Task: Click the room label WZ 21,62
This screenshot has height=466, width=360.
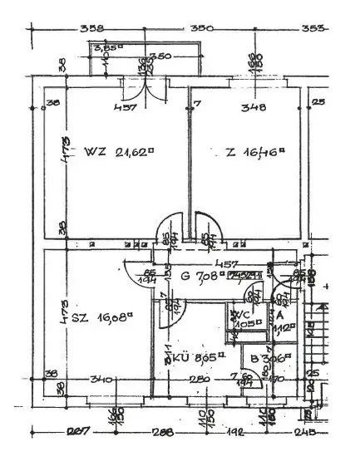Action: [120, 152]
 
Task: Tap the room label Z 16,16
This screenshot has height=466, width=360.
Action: [255, 152]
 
